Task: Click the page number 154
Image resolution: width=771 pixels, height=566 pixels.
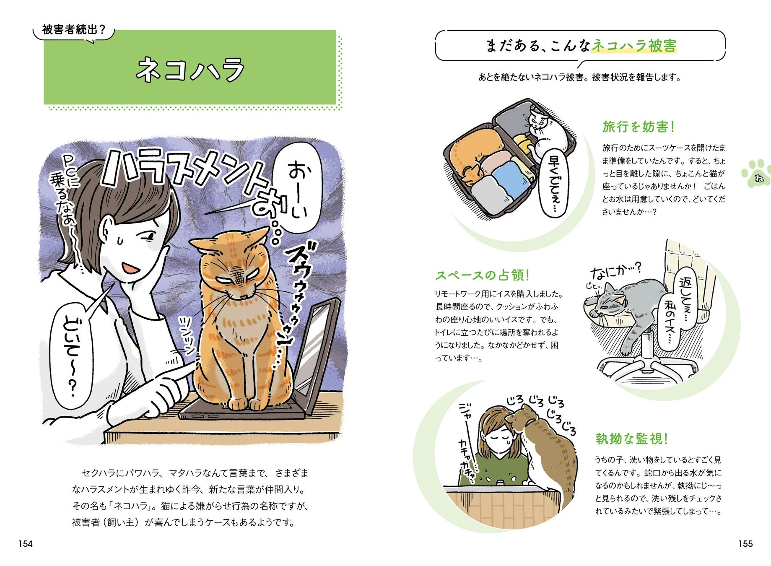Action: pyautogui.click(x=26, y=544)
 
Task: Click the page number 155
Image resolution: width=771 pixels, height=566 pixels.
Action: pyautogui.click(x=745, y=544)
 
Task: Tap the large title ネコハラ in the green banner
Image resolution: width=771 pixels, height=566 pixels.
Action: pyautogui.click(x=190, y=70)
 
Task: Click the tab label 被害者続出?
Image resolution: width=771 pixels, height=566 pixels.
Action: pyautogui.click(x=73, y=30)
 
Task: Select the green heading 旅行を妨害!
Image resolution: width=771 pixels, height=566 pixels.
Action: pyautogui.click(x=638, y=127)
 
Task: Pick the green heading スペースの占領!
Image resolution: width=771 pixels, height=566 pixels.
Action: pyautogui.click(x=482, y=275)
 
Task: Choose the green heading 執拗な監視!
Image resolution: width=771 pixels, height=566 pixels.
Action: pyautogui.click(x=631, y=439)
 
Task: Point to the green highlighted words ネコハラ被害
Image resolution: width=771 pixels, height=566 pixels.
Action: pyautogui.click(x=633, y=45)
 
